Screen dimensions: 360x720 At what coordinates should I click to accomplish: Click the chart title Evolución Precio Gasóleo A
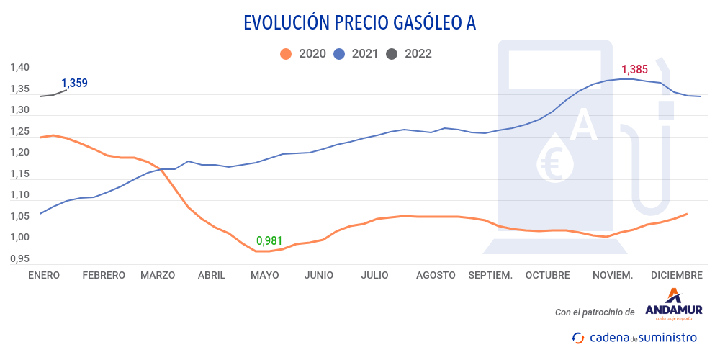click(x=360, y=23)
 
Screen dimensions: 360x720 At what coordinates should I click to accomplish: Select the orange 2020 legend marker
click(x=286, y=53)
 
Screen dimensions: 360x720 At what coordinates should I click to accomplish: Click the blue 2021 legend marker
click(x=339, y=53)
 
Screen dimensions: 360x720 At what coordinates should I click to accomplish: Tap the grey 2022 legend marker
click(x=392, y=53)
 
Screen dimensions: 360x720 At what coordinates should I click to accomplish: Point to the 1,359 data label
click(x=74, y=83)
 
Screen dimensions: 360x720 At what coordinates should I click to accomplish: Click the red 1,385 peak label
click(x=634, y=70)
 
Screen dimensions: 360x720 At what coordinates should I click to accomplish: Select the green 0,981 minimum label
click(x=269, y=240)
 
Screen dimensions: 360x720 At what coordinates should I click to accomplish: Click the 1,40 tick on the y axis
click(x=19, y=68)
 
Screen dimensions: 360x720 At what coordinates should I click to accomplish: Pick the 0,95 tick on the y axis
click(x=19, y=258)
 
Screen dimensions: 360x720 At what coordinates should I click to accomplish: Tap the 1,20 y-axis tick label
click(x=19, y=153)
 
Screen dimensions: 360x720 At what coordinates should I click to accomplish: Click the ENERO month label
click(x=43, y=275)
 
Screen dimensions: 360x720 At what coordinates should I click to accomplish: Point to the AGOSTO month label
click(x=436, y=275)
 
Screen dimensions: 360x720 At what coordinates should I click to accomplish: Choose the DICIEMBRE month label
click(x=676, y=275)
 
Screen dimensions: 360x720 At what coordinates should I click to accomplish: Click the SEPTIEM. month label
click(x=490, y=275)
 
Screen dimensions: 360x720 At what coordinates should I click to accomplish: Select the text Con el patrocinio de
click(x=595, y=312)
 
